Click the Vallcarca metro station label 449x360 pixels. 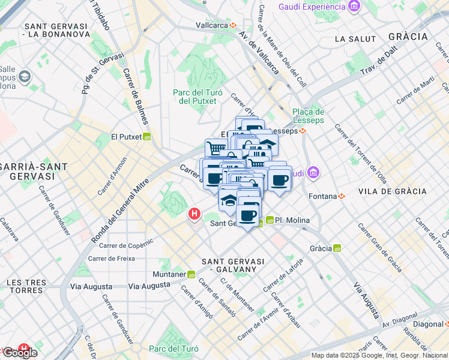click(x=212, y=26)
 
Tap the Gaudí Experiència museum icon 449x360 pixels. click(x=355, y=7)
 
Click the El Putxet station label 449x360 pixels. click(x=125, y=137)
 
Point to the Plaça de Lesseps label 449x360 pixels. click(x=309, y=116)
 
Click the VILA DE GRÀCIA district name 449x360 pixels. click(x=392, y=191)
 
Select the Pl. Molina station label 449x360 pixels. click(x=292, y=220)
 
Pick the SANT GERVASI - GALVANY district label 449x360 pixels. click(x=233, y=265)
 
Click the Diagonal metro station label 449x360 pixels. click(x=427, y=324)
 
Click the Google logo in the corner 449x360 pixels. click(x=19, y=353)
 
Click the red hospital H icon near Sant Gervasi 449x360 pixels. click(x=194, y=214)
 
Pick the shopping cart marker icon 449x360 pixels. click(x=215, y=148)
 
